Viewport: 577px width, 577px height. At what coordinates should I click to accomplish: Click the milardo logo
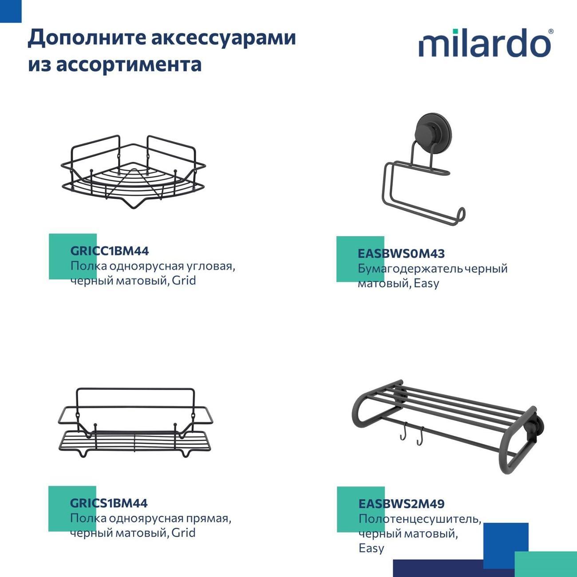coord(485,43)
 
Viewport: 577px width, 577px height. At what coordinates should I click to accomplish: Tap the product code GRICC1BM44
coord(110,251)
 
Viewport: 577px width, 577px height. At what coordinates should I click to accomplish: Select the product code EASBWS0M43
coord(401,253)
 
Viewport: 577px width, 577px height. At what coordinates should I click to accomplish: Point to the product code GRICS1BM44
coord(109,503)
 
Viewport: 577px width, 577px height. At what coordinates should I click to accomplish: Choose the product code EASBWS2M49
coord(401,504)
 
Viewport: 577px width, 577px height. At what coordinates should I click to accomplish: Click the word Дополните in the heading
coord(87,38)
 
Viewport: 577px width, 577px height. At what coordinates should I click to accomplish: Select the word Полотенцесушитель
coord(419,519)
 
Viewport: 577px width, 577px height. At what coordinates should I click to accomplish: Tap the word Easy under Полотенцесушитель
coord(371,548)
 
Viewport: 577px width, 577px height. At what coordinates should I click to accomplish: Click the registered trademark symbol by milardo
coord(551,32)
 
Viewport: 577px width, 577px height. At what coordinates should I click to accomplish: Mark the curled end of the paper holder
coord(461,214)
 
